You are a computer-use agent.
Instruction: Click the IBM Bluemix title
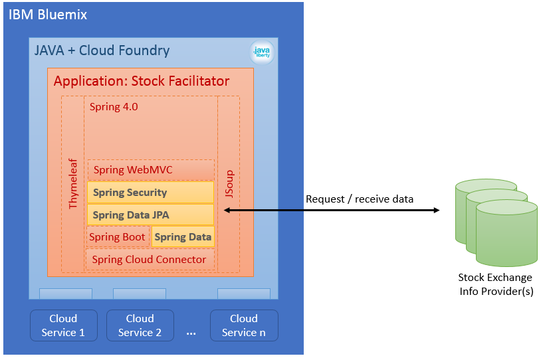click(x=48, y=15)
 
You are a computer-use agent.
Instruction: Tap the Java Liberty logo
click(x=262, y=52)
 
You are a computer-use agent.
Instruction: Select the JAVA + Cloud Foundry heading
click(x=102, y=50)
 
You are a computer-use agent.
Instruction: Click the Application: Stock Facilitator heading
click(x=142, y=81)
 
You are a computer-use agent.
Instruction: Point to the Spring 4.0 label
click(x=114, y=107)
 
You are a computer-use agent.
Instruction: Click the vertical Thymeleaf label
click(x=73, y=184)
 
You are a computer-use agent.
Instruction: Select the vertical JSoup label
click(x=229, y=184)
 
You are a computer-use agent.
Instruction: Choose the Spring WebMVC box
click(x=151, y=170)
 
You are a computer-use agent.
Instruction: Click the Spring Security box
click(x=150, y=193)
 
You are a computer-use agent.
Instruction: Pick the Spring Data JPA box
click(x=150, y=215)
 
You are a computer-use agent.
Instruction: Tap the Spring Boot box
click(x=118, y=237)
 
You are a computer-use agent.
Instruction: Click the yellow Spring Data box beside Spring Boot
click(x=183, y=237)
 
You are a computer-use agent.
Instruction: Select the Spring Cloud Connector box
click(x=150, y=259)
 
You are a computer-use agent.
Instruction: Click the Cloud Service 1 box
click(x=64, y=325)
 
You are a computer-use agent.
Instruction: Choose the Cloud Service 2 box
click(x=140, y=325)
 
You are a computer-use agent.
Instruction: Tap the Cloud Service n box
click(x=244, y=325)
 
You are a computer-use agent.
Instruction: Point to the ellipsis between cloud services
click(x=191, y=334)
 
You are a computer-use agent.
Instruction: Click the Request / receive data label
click(x=360, y=199)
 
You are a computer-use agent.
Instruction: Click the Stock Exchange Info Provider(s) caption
click(x=495, y=284)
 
